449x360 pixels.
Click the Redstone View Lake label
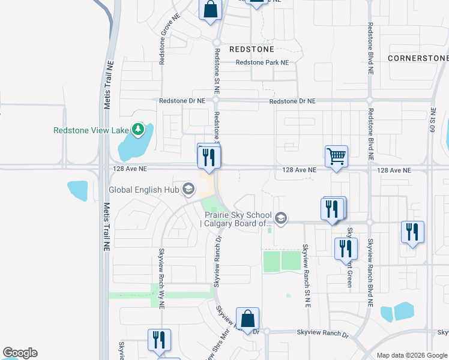click(91, 130)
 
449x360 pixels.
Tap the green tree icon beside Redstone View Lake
click(139, 129)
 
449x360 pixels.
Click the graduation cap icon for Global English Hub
click(188, 190)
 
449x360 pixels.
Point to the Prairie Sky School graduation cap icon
click(281, 218)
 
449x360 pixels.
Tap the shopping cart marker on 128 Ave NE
click(336, 157)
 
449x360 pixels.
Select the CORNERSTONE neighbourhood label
click(418, 58)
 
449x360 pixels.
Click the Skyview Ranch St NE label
click(306, 275)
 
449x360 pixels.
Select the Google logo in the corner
click(20, 353)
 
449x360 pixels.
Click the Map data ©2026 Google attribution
click(412, 355)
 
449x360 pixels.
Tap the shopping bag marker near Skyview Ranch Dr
click(247, 319)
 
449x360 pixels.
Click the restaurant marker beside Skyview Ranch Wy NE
click(159, 340)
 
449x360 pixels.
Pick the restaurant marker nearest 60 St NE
click(412, 232)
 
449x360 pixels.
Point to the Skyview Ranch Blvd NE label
click(370, 272)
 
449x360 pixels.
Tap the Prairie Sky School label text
click(238, 219)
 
